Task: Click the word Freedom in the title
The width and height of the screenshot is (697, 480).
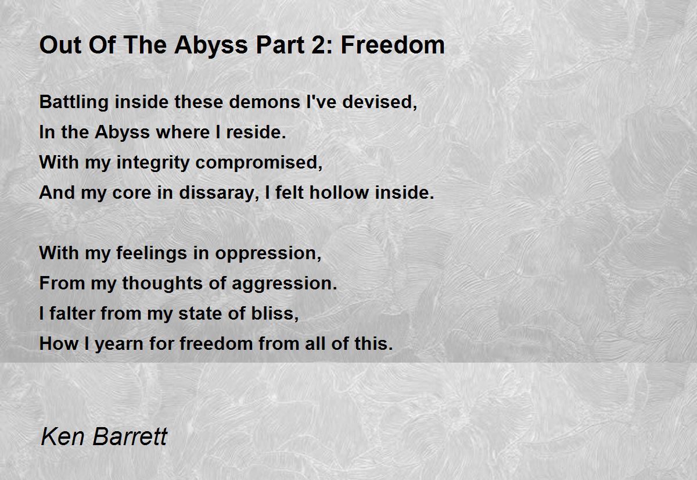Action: click(x=393, y=45)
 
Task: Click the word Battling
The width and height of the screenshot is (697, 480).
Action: click(x=74, y=102)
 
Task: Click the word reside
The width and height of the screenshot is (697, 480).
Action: click(x=256, y=132)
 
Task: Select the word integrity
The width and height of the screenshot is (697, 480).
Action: click(x=153, y=163)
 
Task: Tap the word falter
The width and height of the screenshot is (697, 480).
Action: click(x=72, y=313)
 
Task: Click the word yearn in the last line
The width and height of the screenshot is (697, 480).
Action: click(x=119, y=344)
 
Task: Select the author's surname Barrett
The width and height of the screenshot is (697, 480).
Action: click(x=130, y=436)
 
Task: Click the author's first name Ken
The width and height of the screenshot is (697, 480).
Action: click(x=63, y=436)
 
